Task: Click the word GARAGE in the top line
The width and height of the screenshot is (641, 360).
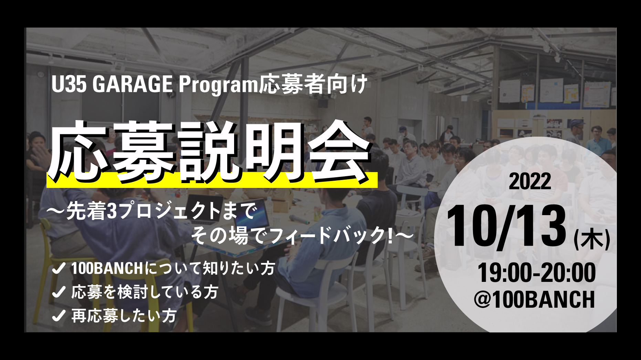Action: pyautogui.click(x=132, y=84)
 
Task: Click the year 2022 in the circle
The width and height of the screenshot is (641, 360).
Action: pyautogui.click(x=530, y=181)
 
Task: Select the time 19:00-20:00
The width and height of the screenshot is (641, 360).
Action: pyautogui.click(x=537, y=273)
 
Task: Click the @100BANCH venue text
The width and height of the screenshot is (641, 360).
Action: pyautogui.click(x=534, y=299)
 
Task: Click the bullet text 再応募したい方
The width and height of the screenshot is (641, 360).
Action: pyautogui.click(x=124, y=316)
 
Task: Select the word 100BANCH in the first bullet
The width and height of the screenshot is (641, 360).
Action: pyautogui.click(x=107, y=268)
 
